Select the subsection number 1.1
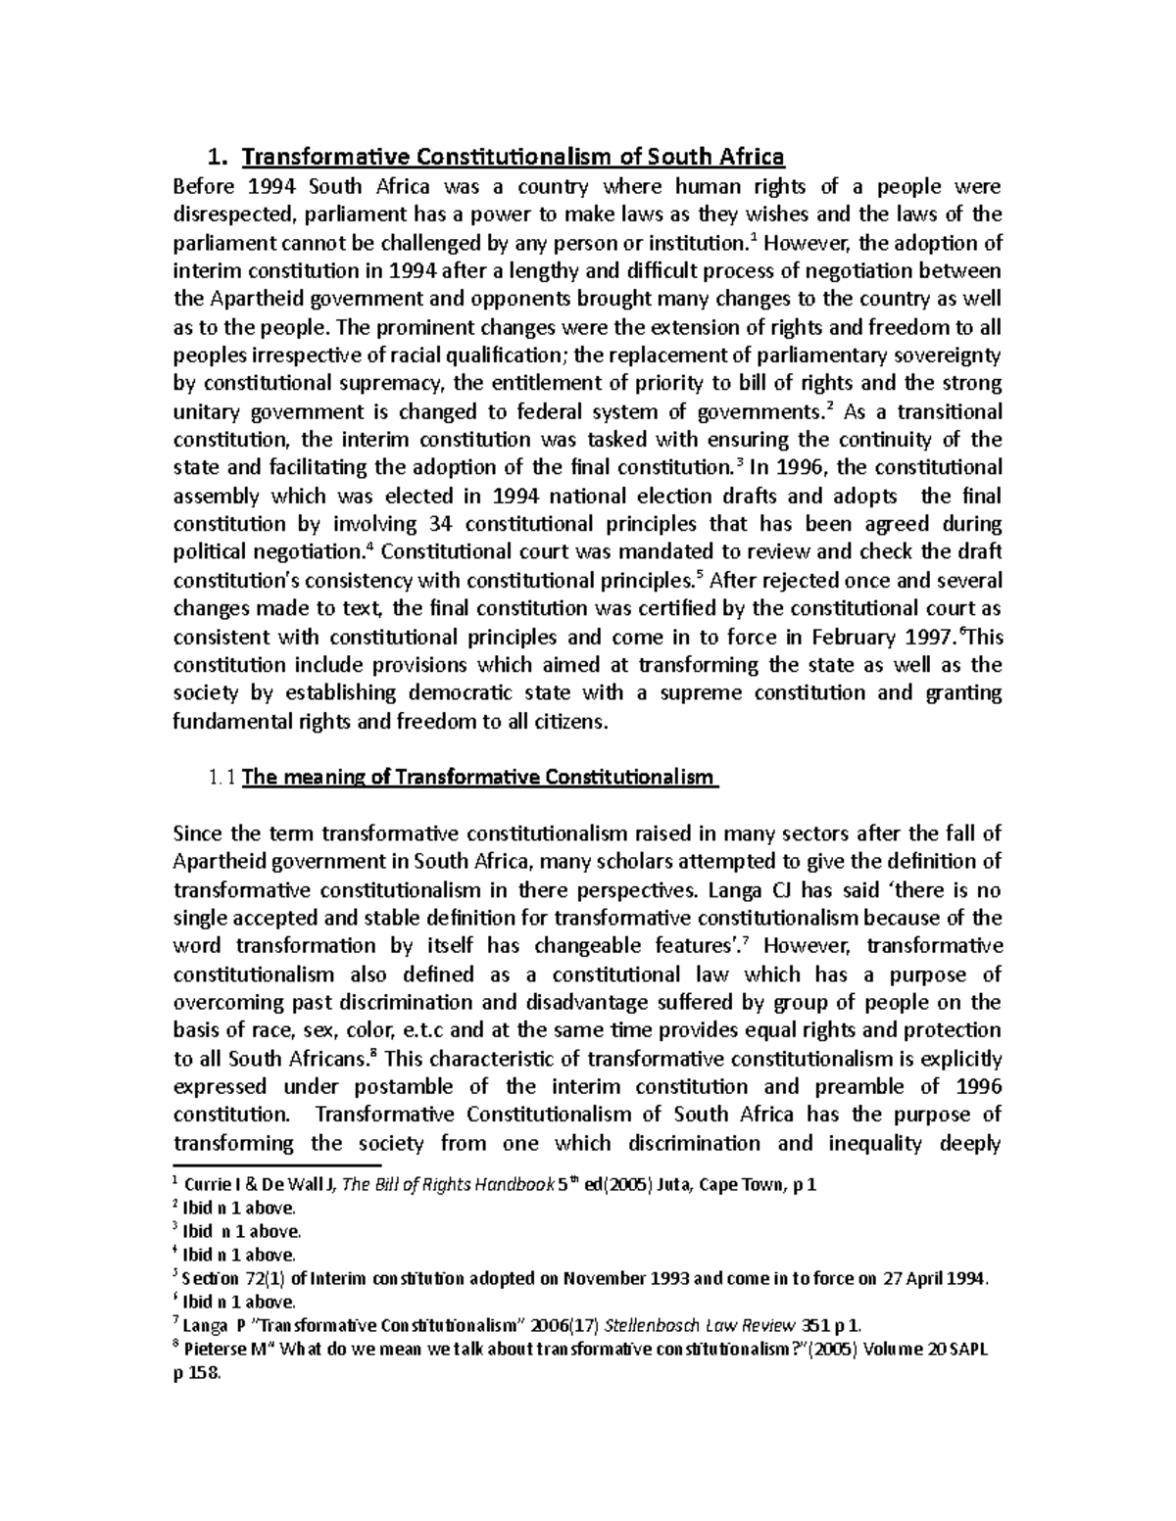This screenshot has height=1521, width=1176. (221, 779)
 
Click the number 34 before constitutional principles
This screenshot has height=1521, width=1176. (443, 524)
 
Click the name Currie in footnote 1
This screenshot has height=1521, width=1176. (206, 1186)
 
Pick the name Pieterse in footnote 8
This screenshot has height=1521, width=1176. (217, 1351)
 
